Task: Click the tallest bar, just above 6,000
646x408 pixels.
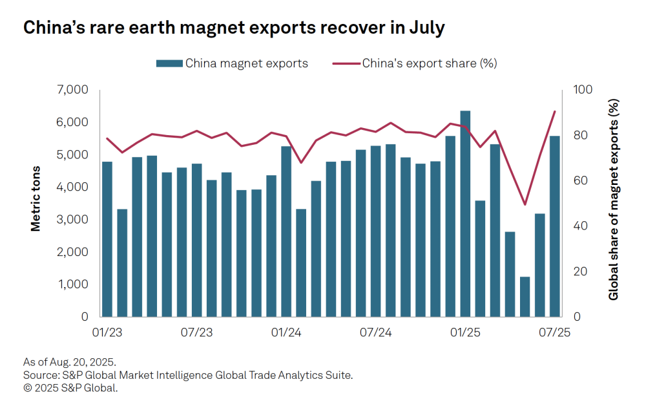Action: tap(465, 213)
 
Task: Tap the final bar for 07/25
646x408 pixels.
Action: tap(554, 226)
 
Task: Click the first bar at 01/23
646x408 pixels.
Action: tap(107, 239)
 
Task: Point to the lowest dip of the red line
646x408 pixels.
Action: tap(525, 205)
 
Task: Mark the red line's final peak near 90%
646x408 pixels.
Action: tap(554, 111)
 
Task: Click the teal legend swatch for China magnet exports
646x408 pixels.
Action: tap(169, 63)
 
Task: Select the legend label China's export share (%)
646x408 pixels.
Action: tap(429, 63)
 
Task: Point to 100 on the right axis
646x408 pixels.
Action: tap(577, 90)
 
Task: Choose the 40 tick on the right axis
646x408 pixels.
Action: tap(574, 226)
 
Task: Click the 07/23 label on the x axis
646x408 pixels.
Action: tap(196, 333)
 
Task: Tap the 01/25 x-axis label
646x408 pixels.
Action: tap(465, 333)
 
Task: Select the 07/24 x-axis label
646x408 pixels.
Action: tap(375, 333)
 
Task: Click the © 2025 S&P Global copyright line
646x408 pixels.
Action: tap(70, 388)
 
